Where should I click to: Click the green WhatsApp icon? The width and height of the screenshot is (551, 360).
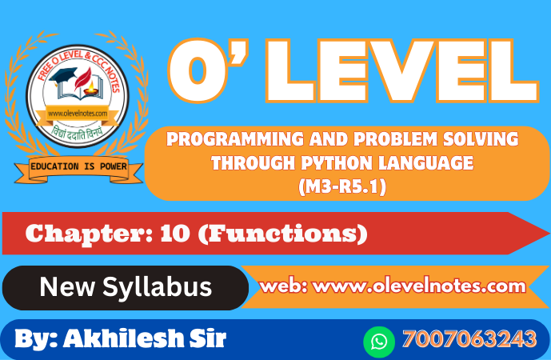379,342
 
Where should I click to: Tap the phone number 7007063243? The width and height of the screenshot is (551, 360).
469,339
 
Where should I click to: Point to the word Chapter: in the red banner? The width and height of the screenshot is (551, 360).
89,234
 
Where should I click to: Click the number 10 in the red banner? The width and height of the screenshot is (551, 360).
174,234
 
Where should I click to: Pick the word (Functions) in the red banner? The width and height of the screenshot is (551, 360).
283,234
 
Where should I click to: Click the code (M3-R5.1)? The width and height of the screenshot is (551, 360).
342,186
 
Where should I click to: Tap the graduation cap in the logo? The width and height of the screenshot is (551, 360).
63,75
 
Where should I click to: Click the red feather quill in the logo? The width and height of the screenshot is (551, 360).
83,78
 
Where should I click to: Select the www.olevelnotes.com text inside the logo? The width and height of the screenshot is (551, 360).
78,114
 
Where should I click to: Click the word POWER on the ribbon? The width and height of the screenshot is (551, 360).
113,166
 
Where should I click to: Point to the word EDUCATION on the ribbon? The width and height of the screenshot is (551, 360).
54,166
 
